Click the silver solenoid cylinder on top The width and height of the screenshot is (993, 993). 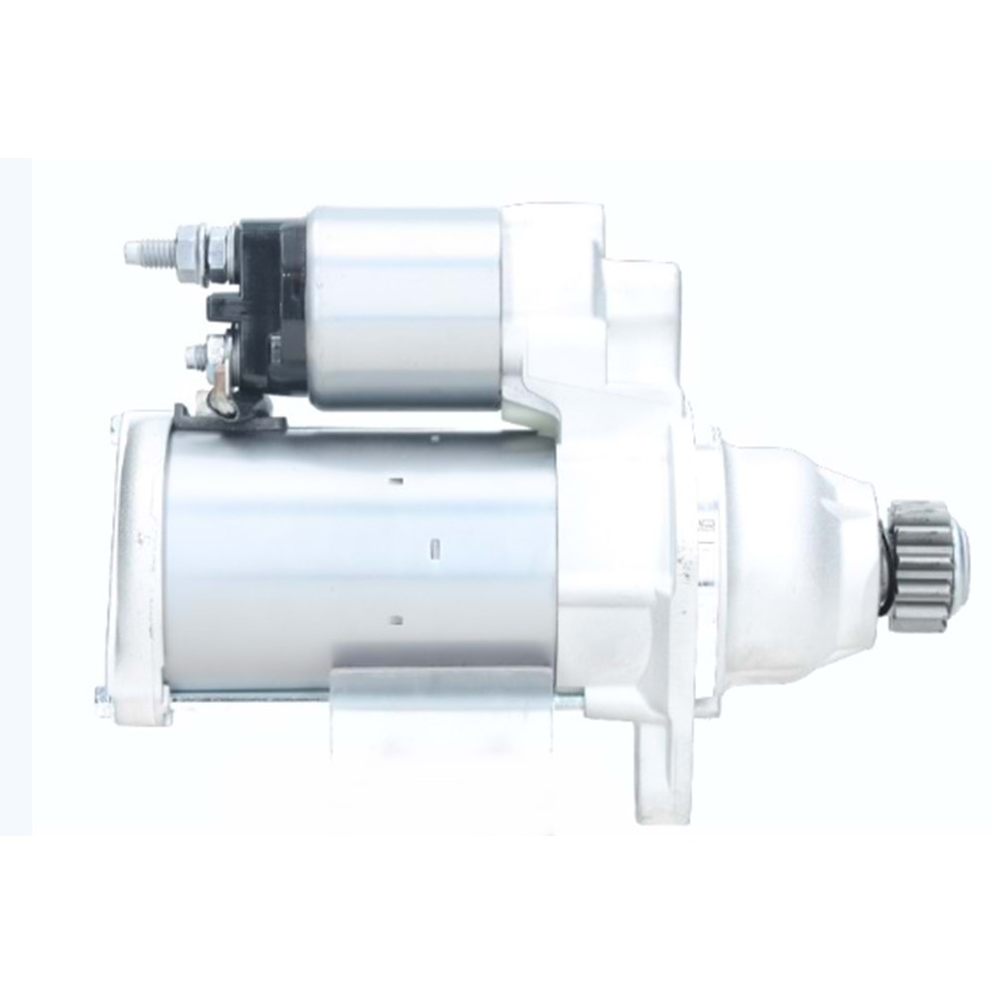[x=402, y=308]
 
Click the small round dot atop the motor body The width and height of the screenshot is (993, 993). [x=434, y=438]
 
